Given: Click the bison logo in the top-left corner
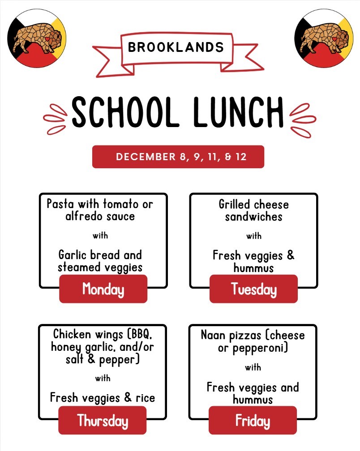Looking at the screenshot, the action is [37, 38].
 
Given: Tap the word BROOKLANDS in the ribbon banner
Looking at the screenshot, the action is [176, 47].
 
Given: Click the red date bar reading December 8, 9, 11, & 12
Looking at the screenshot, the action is [178, 157].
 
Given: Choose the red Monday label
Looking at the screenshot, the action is [103, 289].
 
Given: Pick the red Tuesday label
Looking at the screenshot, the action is [253, 289].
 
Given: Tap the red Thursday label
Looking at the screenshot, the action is [103, 421].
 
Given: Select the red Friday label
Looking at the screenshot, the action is [253, 421].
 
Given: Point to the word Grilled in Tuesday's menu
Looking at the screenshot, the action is [234, 205].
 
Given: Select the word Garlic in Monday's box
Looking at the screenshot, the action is [72, 255].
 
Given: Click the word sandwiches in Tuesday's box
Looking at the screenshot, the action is [253, 217].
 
